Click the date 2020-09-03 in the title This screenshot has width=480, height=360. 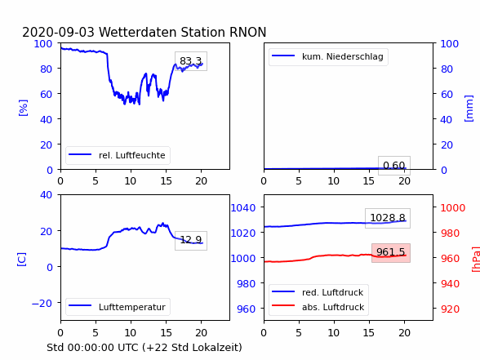tap(58, 32)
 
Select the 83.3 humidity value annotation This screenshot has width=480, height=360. tap(191, 61)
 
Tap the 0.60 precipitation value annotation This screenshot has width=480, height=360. tap(394, 165)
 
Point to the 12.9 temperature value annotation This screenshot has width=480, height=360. tap(191, 240)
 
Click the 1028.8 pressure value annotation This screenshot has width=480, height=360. tap(388, 218)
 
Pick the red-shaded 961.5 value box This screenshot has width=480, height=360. tap(391, 252)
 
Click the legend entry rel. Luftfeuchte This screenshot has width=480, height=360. tap(118, 155)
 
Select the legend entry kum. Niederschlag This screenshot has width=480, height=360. tap(328, 56)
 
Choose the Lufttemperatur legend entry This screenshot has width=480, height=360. tap(118, 307)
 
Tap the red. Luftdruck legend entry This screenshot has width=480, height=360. tap(318, 292)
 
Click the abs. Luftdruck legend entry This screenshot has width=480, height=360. tap(318, 307)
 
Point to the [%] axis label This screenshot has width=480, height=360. tap(23, 108)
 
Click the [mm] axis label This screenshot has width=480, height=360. tap(469, 109)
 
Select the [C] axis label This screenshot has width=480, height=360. tap(22, 260)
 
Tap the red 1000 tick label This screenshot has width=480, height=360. tap(452, 208)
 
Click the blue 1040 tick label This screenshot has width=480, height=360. tap(243, 208)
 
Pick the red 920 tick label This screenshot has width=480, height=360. tap(450, 309)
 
